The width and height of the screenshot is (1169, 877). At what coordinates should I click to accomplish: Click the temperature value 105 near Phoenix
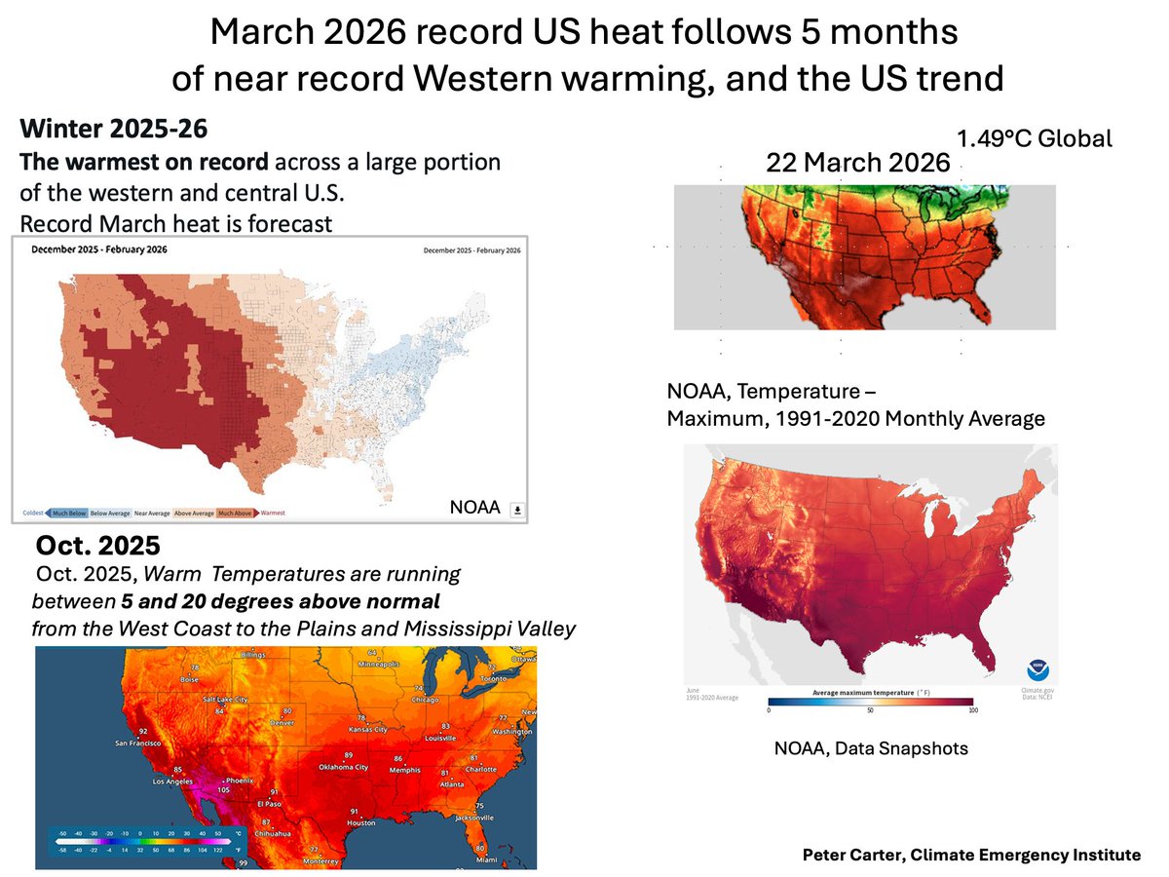[x=224, y=791]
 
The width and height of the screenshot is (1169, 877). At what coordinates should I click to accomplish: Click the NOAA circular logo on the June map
[x=1035, y=669]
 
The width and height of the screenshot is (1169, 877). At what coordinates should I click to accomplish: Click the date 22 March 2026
[x=857, y=163]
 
